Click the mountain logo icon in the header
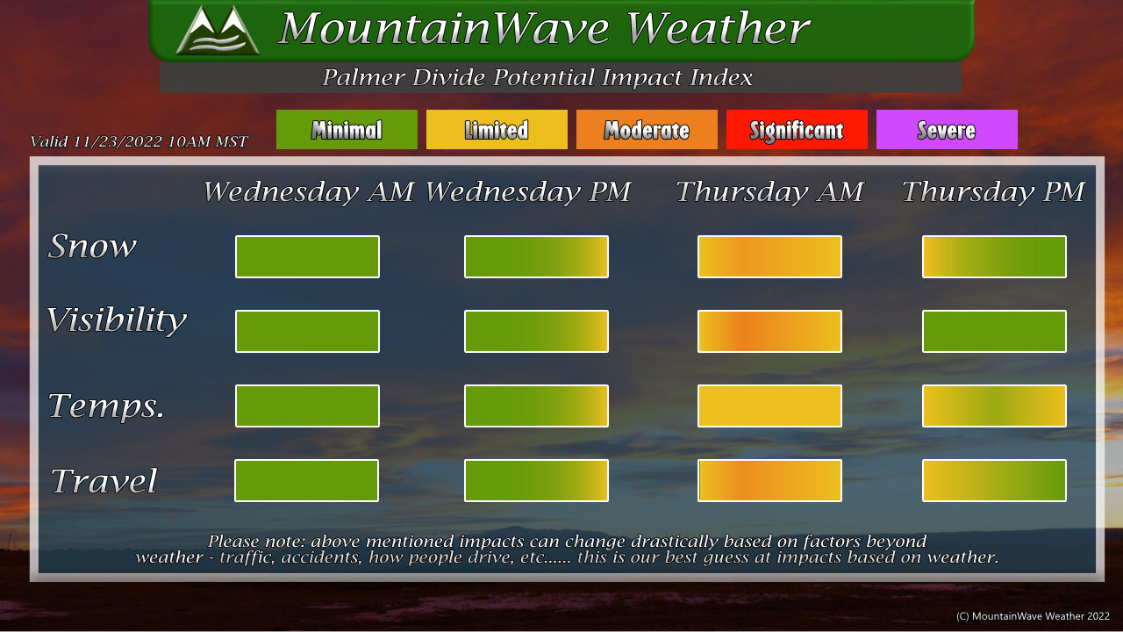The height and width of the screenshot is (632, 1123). (218, 30)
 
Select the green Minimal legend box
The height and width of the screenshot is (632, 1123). (347, 129)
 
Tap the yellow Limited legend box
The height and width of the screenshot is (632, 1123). (497, 129)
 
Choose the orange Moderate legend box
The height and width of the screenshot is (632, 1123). (647, 129)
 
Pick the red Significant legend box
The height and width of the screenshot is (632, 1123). (797, 129)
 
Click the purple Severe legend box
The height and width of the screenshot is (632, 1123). (947, 129)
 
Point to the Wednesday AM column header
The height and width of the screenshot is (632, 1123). (308, 192)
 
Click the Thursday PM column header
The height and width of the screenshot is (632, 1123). (993, 192)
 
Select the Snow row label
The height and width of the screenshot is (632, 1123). (92, 247)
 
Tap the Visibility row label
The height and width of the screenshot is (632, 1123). (117, 320)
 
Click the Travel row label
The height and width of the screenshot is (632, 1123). (104, 481)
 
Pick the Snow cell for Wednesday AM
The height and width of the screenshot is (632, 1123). (307, 256)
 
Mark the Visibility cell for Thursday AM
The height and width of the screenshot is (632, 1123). (769, 331)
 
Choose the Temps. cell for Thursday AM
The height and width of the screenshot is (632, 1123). (769, 406)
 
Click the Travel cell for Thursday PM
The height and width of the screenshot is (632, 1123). (994, 480)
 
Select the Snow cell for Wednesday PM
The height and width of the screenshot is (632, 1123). (536, 256)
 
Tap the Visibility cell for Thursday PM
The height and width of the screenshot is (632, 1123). (994, 331)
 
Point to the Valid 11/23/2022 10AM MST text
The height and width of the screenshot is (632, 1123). (139, 141)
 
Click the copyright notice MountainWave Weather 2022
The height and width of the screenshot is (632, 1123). (1033, 616)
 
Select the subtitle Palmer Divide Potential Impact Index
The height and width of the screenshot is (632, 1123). (537, 77)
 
